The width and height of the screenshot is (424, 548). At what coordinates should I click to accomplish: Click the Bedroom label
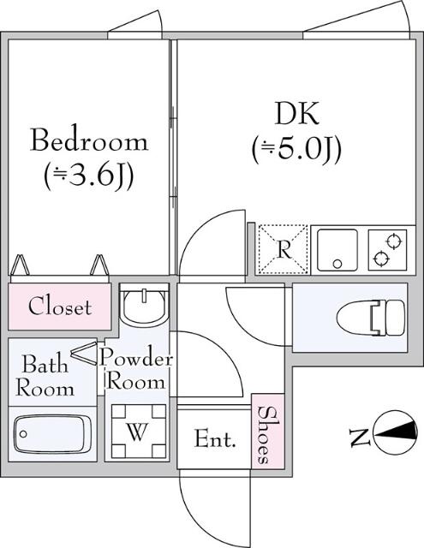(x=89, y=140)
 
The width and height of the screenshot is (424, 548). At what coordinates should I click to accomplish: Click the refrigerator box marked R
(x=282, y=249)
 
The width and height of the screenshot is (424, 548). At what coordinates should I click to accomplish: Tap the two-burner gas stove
(x=389, y=249)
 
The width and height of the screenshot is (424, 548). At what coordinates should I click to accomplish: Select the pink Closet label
(x=60, y=307)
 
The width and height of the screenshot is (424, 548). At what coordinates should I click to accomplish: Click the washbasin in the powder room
(x=143, y=305)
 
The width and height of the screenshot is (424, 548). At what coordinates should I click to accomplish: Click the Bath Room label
(x=42, y=374)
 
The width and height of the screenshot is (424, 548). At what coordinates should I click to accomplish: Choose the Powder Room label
(x=136, y=369)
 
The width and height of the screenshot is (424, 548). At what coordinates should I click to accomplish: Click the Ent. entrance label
(x=214, y=439)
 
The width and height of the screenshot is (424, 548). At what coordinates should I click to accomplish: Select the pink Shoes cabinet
(x=265, y=433)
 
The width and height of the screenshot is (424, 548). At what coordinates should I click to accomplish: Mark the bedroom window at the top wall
(x=134, y=32)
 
